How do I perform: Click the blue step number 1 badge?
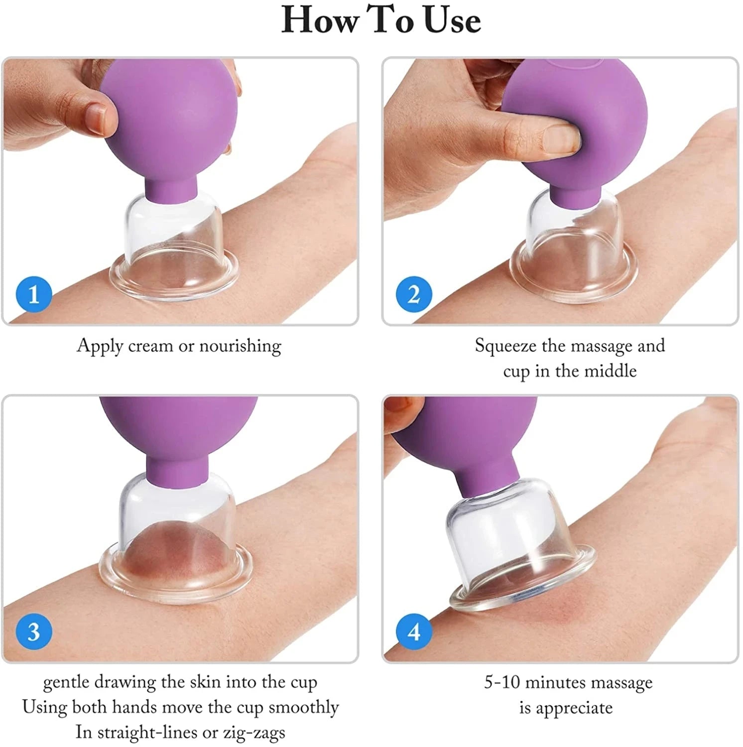(x=34, y=294)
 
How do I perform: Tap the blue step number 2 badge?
(x=414, y=294)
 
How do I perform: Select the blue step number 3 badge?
(x=34, y=631)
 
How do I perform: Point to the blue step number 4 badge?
(x=414, y=631)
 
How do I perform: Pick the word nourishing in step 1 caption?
(x=240, y=346)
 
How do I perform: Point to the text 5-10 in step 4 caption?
(x=502, y=682)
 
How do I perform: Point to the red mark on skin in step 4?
(x=558, y=608)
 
